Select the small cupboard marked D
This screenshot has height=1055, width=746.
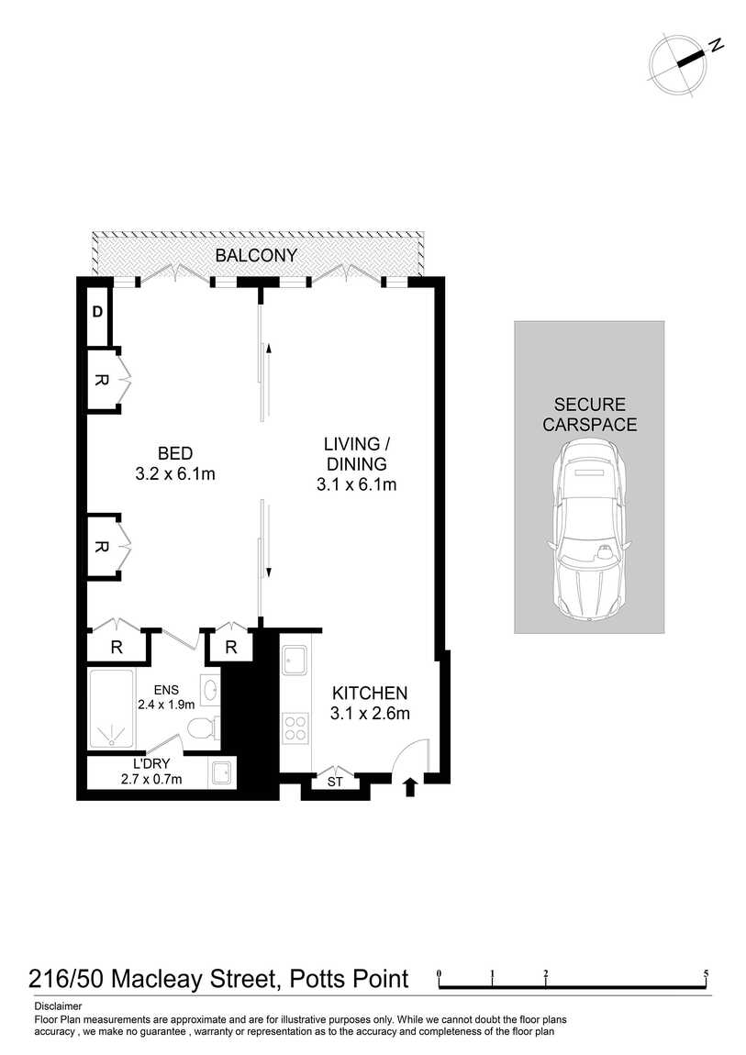point(97,312)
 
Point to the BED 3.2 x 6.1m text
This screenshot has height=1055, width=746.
point(174,463)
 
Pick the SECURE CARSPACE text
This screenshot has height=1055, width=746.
point(589,415)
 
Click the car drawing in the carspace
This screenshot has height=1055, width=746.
point(588,529)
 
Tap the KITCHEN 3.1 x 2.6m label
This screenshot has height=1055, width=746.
point(370,703)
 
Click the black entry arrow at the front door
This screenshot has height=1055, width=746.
point(410,785)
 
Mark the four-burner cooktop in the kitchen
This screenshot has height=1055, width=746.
point(295,728)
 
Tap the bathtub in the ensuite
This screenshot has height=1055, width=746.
point(112,710)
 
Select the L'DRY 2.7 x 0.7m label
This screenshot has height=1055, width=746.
point(151,772)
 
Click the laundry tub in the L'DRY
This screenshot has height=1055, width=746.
point(221,773)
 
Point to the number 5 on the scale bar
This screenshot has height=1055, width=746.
point(706,972)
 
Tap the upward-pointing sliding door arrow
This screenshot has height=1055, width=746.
point(268,348)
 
